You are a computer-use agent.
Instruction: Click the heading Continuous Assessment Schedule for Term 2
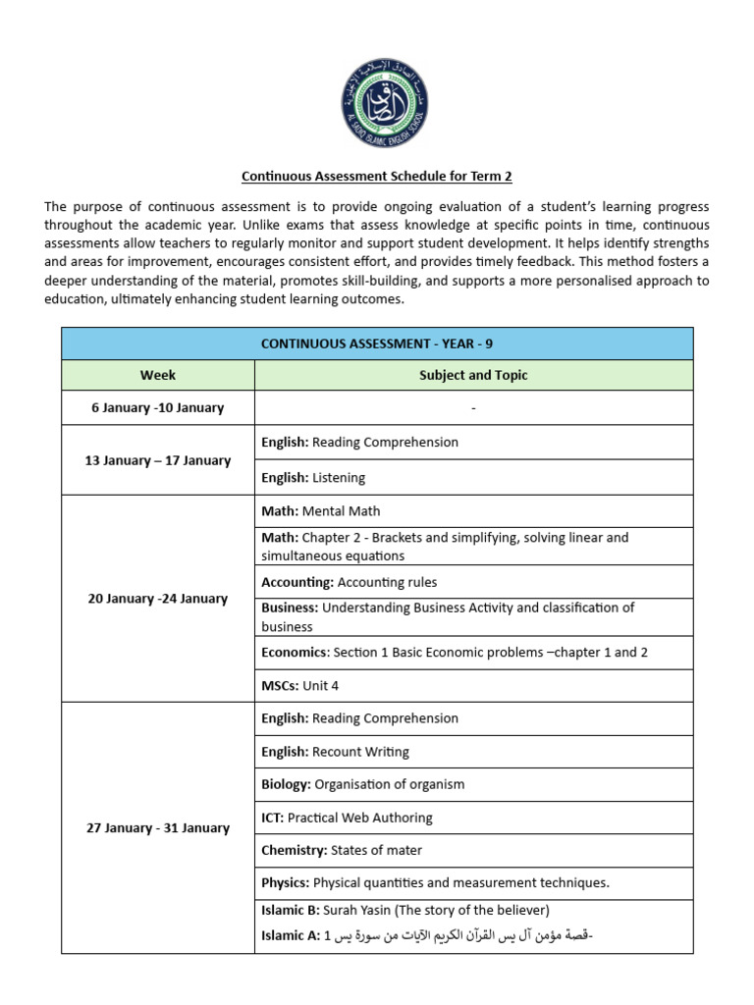(377, 177)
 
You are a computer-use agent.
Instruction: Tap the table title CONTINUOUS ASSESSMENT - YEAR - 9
(377, 344)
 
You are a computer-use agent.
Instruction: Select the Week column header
(158, 375)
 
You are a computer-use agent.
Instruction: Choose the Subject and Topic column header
(473, 375)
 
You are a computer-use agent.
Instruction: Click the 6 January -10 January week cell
(158, 407)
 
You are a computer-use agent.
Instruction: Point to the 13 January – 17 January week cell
(158, 460)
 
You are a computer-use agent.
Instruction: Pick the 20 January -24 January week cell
(158, 599)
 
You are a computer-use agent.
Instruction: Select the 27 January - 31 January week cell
(158, 827)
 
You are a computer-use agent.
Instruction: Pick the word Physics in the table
(285, 882)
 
